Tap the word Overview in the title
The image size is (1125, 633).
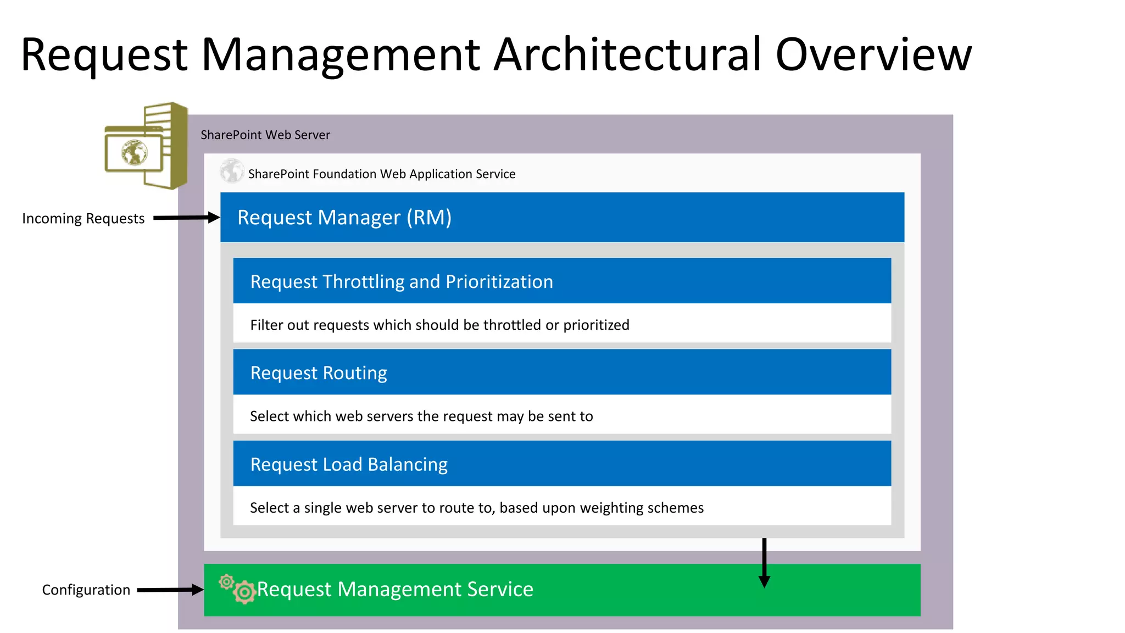tap(873, 54)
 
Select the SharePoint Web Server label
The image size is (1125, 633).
tap(265, 135)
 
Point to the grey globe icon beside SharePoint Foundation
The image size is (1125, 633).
tap(232, 171)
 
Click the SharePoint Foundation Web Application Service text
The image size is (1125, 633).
tap(381, 174)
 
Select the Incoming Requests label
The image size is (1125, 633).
tap(83, 219)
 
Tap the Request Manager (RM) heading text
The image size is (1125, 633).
tap(344, 218)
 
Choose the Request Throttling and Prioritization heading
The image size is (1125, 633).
tap(402, 282)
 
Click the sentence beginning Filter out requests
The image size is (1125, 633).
tap(439, 325)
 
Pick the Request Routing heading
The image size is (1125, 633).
tap(319, 373)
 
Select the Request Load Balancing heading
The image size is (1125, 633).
tap(349, 465)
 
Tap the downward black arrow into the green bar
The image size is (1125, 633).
tap(764, 563)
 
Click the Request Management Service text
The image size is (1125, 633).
tap(395, 590)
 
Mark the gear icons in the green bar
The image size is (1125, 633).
tap(238, 588)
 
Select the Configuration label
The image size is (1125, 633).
tap(86, 590)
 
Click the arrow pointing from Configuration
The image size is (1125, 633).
tap(170, 590)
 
